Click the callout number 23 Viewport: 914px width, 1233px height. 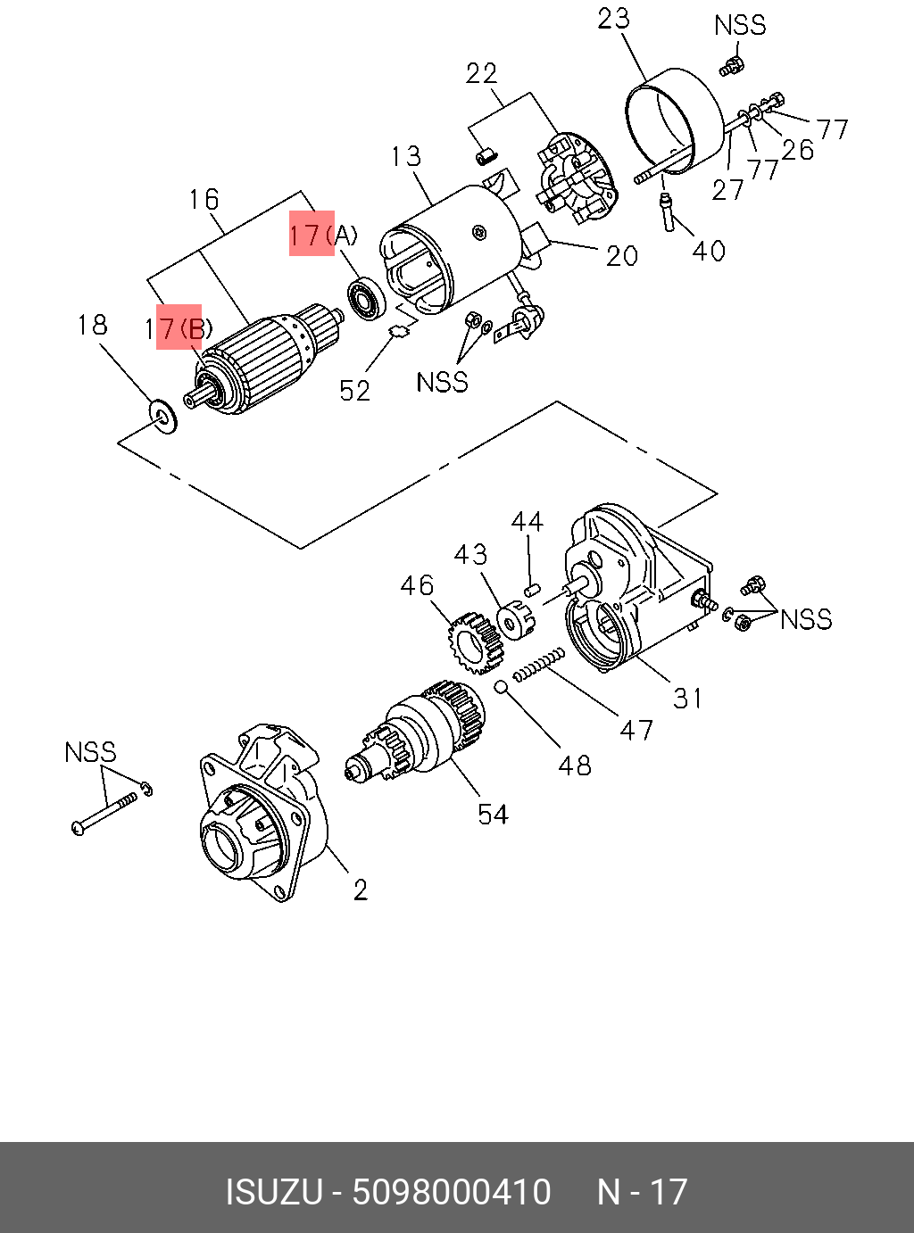click(x=613, y=19)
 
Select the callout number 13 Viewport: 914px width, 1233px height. click(x=406, y=157)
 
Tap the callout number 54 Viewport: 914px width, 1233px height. click(x=493, y=815)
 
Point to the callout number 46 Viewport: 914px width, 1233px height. click(x=417, y=585)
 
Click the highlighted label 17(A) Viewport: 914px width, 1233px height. click(x=323, y=236)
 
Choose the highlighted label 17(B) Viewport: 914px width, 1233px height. click(x=178, y=329)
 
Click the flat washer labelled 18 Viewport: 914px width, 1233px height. click(x=163, y=417)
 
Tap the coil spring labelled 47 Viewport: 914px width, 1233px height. click(x=538, y=665)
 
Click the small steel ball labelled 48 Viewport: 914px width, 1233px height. click(x=502, y=687)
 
